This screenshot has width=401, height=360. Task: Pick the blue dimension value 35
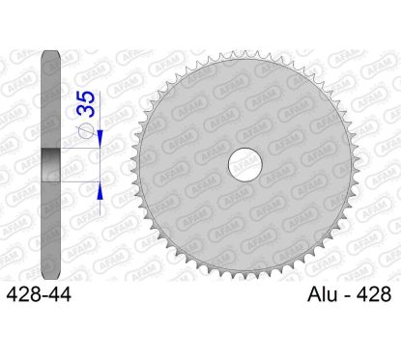[x=85, y=102]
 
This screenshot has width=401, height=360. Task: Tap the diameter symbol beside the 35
[x=85, y=134]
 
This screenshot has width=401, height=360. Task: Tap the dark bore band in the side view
[x=50, y=165]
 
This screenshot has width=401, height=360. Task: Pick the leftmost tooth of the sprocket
[x=129, y=166]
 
